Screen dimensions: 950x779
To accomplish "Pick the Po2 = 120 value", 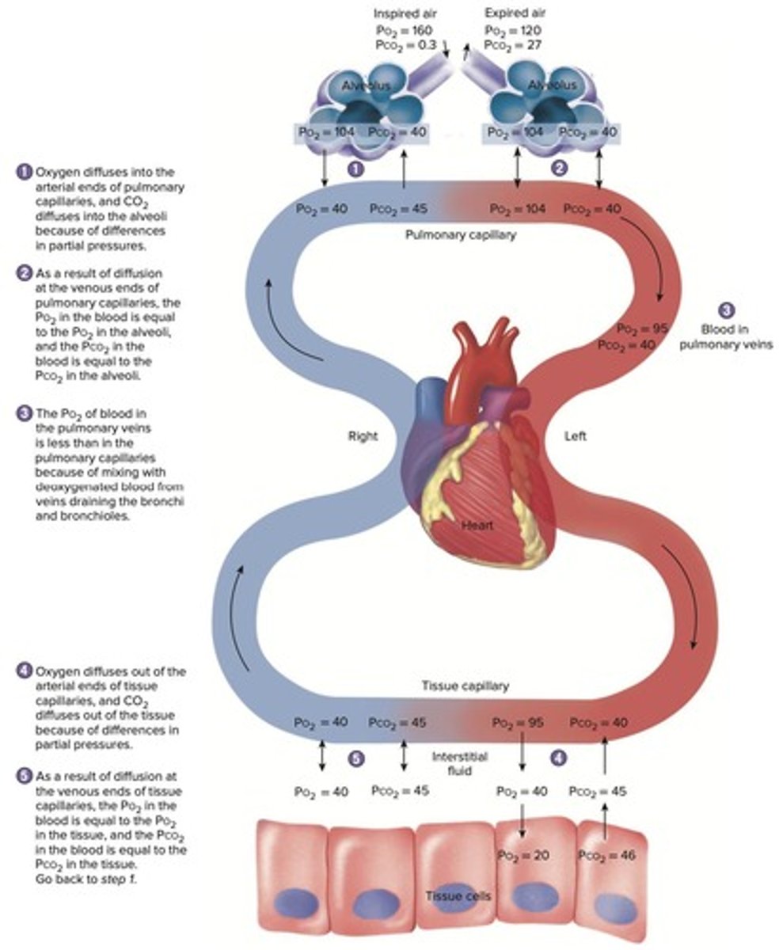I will point(513,29).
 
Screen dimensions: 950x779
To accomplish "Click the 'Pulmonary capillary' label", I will point(460,235).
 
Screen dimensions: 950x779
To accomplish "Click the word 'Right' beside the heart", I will point(363,436).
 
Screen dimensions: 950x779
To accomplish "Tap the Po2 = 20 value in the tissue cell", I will point(522,856).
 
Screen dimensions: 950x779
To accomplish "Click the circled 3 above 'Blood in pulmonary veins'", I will point(726,311).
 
